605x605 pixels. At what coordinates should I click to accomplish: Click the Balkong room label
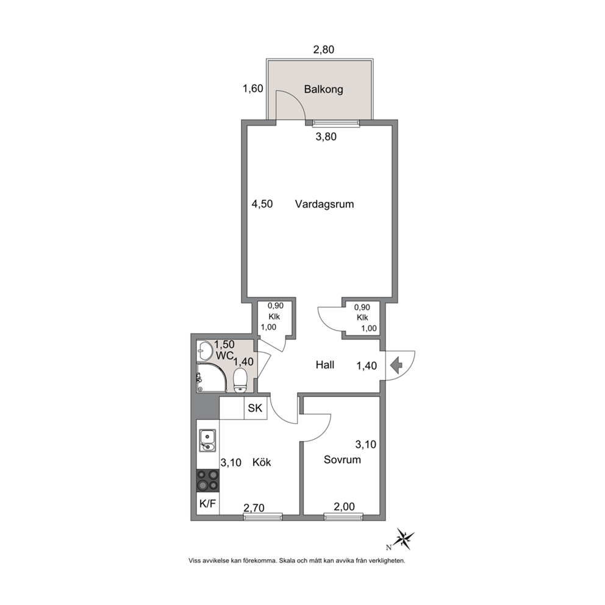[x=323, y=90]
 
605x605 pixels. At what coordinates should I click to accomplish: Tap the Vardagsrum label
[x=324, y=204]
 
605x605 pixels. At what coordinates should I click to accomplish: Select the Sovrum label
[x=342, y=459]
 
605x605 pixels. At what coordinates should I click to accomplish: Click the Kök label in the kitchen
[x=262, y=462]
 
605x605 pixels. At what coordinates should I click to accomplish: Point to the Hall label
[x=325, y=365]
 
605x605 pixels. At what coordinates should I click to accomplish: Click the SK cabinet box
[x=255, y=408]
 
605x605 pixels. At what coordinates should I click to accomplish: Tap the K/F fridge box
[x=207, y=503]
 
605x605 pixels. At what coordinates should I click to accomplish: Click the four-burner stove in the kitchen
[x=208, y=481]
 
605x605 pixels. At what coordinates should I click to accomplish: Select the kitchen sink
[x=207, y=440]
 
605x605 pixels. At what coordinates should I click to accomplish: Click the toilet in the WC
[x=240, y=381]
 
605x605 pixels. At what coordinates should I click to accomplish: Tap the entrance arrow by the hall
[x=396, y=365]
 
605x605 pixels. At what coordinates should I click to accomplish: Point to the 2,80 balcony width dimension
[x=323, y=49]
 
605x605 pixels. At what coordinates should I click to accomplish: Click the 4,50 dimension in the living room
[x=262, y=204]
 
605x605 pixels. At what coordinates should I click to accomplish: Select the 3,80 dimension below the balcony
[x=326, y=137]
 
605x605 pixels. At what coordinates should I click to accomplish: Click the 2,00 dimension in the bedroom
[x=344, y=506]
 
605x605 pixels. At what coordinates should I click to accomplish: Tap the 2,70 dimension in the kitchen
[x=254, y=508]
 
